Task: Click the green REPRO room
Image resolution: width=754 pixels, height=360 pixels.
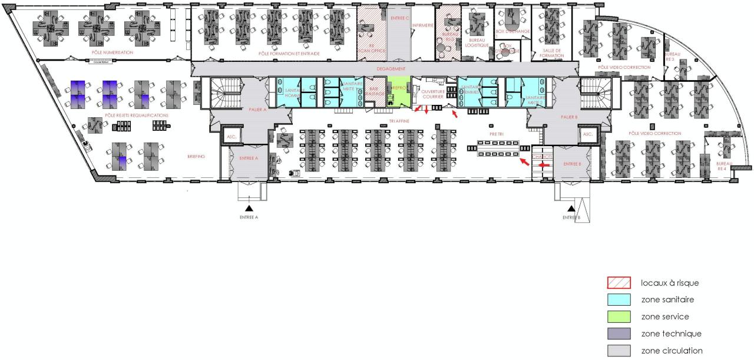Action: (x=398, y=91)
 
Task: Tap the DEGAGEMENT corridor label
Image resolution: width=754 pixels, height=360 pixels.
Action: (x=391, y=69)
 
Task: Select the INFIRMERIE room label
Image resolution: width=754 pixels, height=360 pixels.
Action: (x=422, y=25)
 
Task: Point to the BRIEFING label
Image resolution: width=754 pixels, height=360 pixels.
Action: (x=196, y=157)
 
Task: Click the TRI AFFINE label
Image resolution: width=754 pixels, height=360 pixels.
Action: (x=399, y=121)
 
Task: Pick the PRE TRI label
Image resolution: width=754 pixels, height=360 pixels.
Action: (x=497, y=134)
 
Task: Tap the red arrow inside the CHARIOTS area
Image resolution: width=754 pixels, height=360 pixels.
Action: (x=545, y=166)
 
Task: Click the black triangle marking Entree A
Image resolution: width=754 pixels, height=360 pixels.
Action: (x=250, y=209)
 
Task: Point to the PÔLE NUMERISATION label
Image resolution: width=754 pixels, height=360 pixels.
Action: (x=113, y=52)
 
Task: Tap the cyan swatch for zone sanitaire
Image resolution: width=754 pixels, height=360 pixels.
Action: (x=623, y=300)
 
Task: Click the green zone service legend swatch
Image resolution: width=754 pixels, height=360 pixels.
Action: (x=623, y=317)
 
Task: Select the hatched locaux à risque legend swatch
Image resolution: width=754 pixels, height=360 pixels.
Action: (x=623, y=283)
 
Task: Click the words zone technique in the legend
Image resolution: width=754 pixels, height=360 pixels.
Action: (x=671, y=334)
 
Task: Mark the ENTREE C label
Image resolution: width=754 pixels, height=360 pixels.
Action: (x=399, y=18)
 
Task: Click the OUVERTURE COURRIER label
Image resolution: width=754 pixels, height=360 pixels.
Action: (x=432, y=94)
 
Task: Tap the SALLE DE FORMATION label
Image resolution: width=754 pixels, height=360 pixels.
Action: (x=552, y=54)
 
